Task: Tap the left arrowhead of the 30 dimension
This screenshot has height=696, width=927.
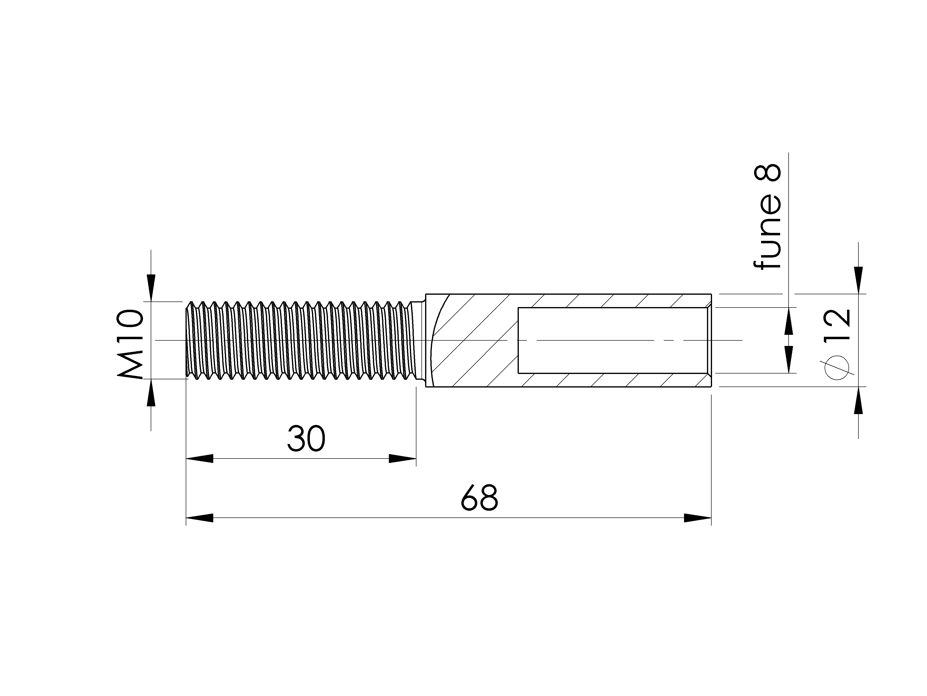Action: (x=200, y=458)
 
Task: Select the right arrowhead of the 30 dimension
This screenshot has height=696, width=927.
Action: (x=402, y=458)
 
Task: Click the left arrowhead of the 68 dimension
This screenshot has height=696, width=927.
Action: (x=200, y=518)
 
